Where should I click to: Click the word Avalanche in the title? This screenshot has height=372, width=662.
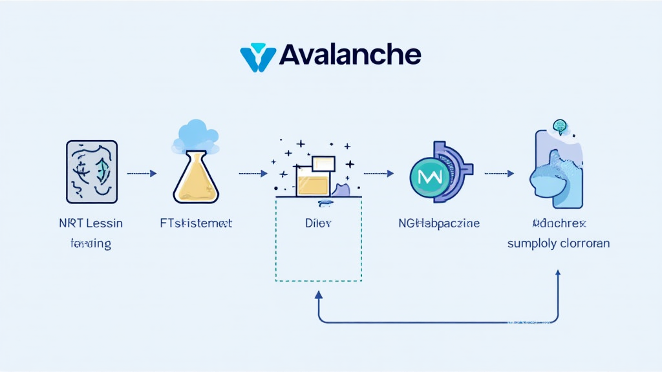[350, 55]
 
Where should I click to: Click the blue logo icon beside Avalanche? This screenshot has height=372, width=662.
[258, 57]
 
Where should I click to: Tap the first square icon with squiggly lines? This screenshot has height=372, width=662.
[92, 172]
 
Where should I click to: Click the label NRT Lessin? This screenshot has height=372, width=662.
[91, 223]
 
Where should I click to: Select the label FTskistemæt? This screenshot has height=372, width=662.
[195, 223]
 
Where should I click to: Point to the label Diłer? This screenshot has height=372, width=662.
[319, 223]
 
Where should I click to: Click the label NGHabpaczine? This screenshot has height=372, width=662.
[439, 223]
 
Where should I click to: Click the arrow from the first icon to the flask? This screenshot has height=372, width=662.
[142, 173]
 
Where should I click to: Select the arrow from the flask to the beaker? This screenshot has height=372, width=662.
[253, 173]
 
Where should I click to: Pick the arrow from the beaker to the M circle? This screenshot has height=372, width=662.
[379, 173]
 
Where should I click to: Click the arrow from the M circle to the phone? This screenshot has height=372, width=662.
[499, 173]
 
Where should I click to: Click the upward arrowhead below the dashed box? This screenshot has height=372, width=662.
[318, 294]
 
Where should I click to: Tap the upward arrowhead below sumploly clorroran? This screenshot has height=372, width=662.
[558, 274]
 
